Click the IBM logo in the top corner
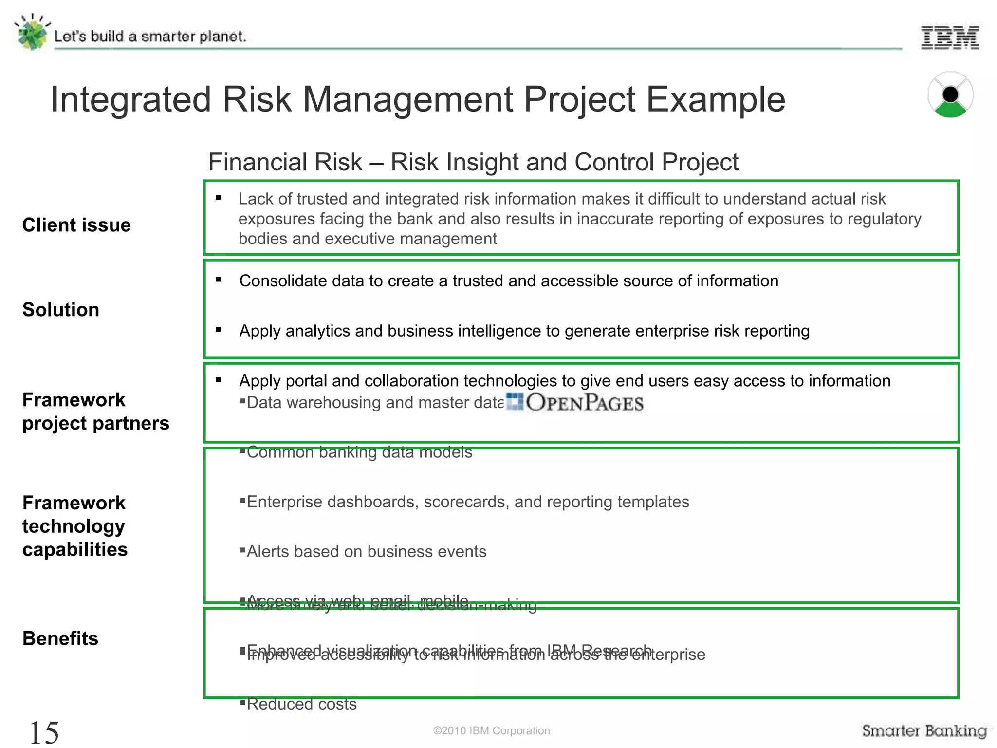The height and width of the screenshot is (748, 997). tap(950, 37)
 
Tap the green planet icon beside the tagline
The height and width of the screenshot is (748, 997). tap(32, 33)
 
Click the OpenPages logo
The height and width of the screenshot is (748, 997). tap(575, 403)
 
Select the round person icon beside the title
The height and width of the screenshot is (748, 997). tap(950, 95)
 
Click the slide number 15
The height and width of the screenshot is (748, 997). tap(44, 732)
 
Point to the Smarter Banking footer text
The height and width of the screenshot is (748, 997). tap(924, 730)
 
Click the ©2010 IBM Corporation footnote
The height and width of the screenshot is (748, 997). tap(491, 730)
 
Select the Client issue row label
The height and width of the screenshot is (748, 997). tap(76, 225)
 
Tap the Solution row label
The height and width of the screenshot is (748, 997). tap(61, 310)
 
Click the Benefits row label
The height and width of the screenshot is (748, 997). tap(60, 638)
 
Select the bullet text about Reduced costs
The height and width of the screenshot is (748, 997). tap(301, 704)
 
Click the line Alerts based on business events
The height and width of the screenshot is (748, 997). tap(366, 552)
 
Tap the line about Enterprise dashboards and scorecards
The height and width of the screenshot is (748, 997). tap(467, 502)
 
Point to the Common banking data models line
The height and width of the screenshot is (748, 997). tap(359, 452)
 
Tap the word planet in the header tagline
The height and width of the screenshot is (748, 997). tap(222, 37)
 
